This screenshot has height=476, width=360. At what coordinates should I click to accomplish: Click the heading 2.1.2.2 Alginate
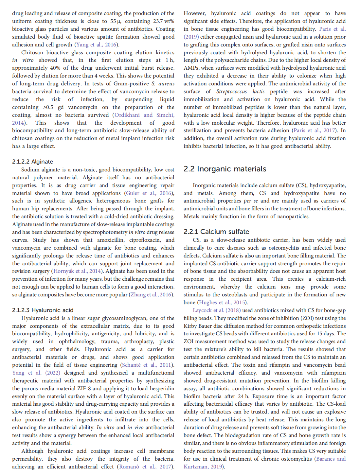(32, 162)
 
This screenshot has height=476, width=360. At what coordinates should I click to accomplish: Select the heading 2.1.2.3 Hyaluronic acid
(43, 310)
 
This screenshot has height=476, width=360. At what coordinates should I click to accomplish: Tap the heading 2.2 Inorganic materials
(225, 169)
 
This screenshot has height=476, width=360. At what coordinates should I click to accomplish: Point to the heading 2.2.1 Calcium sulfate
(216, 232)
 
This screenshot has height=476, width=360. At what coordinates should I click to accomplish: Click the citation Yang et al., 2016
(96, 45)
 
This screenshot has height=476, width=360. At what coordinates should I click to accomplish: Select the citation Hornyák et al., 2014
(77, 271)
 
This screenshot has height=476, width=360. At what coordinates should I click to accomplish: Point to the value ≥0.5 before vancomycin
(48, 107)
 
